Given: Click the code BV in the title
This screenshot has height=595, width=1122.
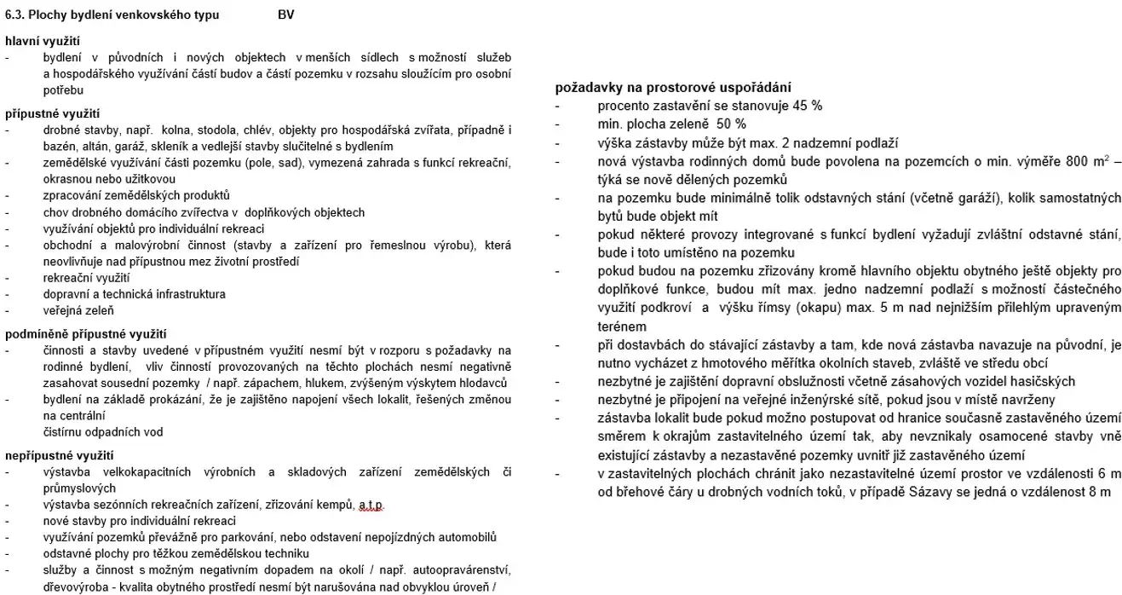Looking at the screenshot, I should (286, 15).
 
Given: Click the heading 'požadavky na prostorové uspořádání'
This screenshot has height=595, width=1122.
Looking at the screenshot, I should (673, 88).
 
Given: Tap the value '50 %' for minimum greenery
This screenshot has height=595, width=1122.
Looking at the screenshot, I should (730, 124).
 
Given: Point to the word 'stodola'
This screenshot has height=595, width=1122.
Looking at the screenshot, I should (219, 130).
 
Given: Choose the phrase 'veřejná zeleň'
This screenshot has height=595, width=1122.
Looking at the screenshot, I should (78, 310).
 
